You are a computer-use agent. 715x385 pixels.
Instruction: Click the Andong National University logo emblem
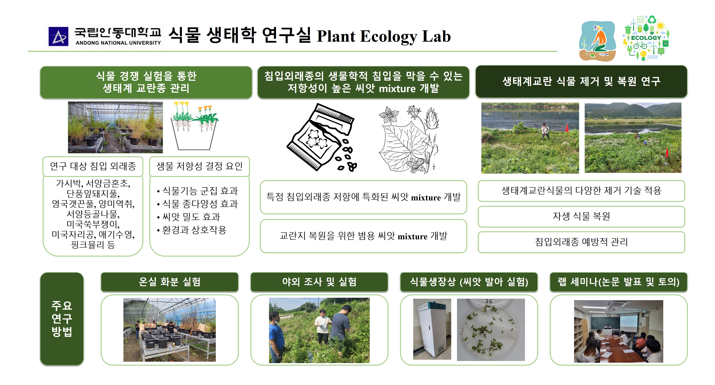pos(58,36)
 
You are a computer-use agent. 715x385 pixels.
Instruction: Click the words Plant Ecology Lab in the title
pos(384,36)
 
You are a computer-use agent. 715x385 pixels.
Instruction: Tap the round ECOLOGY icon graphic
pos(646,38)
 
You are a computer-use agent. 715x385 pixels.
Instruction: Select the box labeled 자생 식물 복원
pos(581,216)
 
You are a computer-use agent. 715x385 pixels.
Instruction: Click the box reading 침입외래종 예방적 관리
pos(581,242)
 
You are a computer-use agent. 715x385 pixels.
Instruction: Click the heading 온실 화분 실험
pos(170,282)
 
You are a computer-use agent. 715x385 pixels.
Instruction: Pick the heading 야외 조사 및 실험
pos(319,282)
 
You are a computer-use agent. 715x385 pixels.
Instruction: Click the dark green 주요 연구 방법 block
pos(62,319)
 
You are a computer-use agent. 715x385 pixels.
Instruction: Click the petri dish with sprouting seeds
pos(491,330)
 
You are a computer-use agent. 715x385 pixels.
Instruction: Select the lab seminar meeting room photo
pos(618,331)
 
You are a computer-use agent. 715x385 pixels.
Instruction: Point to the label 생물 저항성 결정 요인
pos(200,166)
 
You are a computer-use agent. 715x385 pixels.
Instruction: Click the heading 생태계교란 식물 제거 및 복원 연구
pos(581,82)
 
